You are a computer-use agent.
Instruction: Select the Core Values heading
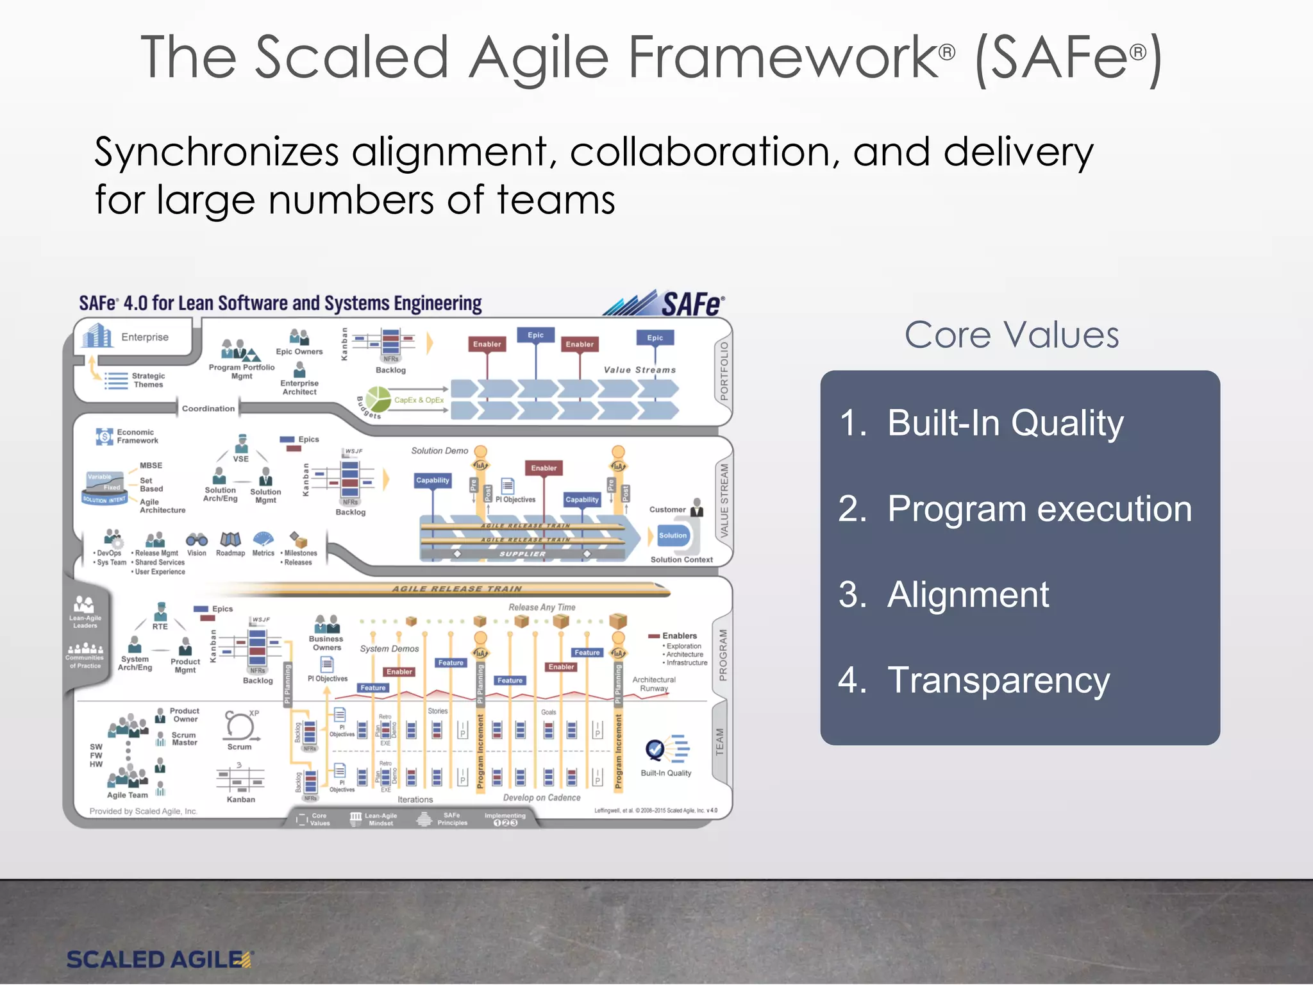pos(1012,335)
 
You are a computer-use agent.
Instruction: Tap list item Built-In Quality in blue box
pos(1005,423)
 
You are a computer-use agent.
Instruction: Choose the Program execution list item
pos(1039,509)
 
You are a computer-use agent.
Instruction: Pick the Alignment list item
pos(967,594)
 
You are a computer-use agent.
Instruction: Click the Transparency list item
pos(998,680)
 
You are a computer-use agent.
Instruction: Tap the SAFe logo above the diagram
pos(667,303)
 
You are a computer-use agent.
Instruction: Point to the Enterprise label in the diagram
pos(144,337)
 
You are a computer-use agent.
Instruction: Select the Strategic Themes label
pos(148,380)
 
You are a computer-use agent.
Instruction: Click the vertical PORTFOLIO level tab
pos(724,371)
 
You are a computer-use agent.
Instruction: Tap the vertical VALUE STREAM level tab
pos(724,501)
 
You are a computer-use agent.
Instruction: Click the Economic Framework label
pos(137,437)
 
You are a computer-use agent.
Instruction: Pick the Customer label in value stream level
pos(667,510)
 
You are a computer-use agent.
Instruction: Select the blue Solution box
pos(673,535)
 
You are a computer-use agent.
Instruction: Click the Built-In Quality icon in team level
pos(667,749)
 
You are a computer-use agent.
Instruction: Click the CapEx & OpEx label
pos(419,400)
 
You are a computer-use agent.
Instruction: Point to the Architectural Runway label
pos(653,684)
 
